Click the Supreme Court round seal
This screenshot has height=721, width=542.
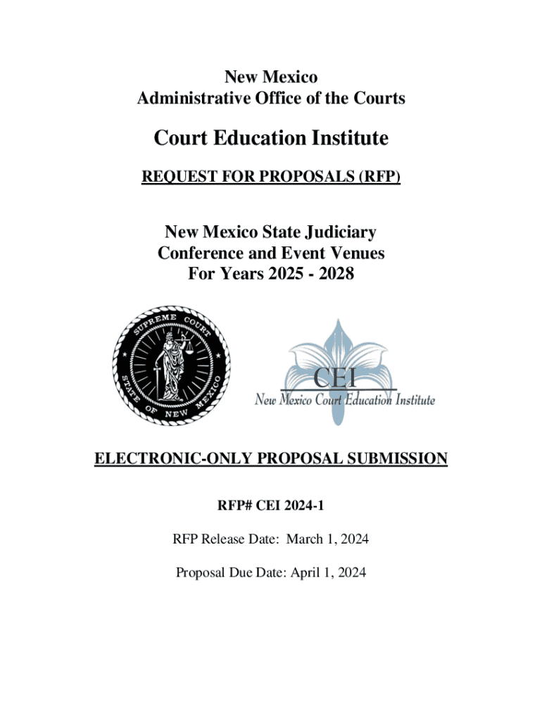tap(172, 366)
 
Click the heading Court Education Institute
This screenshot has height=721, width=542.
tap(271, 138)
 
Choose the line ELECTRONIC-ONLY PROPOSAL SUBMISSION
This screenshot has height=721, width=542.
tap(271, 460)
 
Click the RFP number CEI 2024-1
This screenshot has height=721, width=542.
tap(294, 505)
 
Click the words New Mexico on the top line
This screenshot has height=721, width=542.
tap(271, 77)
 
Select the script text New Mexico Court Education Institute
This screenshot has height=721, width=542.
tap(344, 401)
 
